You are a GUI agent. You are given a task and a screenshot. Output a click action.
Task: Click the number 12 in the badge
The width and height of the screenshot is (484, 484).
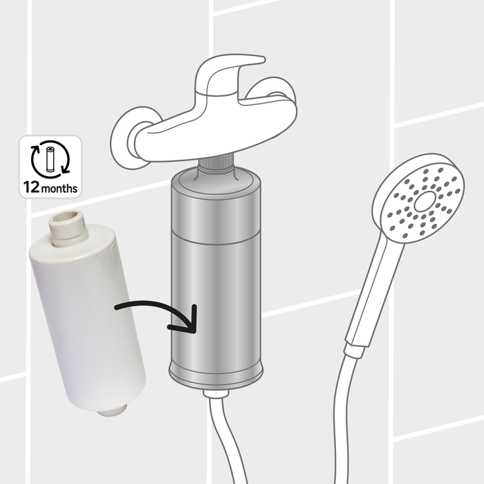(32, 187)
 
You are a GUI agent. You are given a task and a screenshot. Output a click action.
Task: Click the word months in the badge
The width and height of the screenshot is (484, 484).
(59, 188)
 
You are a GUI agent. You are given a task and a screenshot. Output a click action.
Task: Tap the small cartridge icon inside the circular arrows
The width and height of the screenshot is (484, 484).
(50, 159)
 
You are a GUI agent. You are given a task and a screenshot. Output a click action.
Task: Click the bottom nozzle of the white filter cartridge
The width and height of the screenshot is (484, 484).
(112, 409)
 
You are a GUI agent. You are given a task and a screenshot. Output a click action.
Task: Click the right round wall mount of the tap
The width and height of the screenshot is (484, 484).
(272, 91)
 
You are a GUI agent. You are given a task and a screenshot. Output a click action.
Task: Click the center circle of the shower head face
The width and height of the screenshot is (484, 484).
(425, 201)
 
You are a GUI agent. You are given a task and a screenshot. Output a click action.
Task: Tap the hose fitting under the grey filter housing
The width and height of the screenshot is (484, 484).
(216, 393)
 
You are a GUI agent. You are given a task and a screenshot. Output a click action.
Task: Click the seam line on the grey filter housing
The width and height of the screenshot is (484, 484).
(216, 238)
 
